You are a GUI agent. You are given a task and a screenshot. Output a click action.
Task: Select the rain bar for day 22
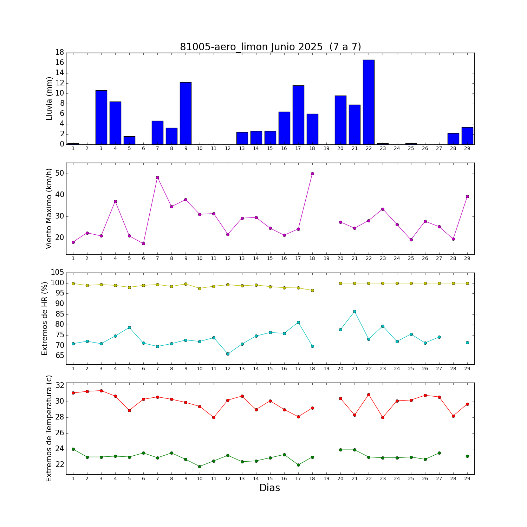tap(369, 102)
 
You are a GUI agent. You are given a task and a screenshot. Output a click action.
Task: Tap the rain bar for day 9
tap(186, 113)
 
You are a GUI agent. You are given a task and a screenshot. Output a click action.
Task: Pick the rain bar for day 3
tap(101, 117)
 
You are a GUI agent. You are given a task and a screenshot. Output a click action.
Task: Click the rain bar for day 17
tap(298, 115)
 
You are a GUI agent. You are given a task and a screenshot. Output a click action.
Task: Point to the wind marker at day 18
tap(312, 174)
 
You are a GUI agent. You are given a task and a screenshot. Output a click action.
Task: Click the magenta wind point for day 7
tap(157, 177)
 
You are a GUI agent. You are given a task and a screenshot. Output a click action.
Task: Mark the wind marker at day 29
tap(467, 196)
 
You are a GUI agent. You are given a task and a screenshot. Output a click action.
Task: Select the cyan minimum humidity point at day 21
tap(354, 311)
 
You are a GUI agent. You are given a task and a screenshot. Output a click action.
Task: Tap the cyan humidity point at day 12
tap(228, 354)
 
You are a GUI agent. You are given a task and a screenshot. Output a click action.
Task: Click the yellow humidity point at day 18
tap(312, 290)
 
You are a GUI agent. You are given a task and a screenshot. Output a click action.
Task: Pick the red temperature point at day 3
tap(101, 391)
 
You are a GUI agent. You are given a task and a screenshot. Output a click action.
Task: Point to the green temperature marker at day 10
tap(200, 467)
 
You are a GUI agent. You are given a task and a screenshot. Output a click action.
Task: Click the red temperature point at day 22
tap(369, 395)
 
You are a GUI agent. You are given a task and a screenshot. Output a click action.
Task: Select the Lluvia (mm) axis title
tap(49, 98)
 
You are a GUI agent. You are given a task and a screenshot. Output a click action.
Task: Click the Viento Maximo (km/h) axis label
tap(49, 209)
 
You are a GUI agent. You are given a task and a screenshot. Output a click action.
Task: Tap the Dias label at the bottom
tap(269, 488)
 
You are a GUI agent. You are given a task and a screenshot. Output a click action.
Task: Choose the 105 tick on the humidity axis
tap(57, 273)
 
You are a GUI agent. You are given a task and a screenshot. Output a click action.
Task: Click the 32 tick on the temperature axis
tap(60, 386)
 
